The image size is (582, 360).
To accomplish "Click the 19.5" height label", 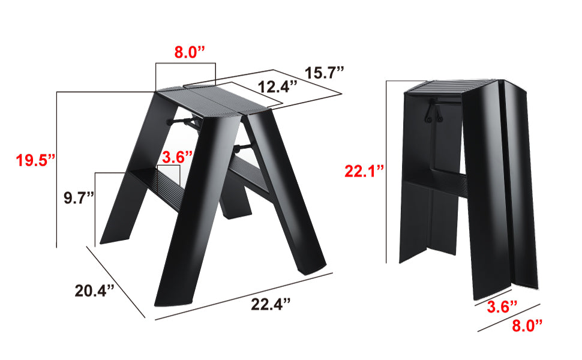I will (x=35, y=160).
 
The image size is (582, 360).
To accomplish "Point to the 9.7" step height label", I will (x=79, y=197).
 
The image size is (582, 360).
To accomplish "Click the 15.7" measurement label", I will (x=324, y=73).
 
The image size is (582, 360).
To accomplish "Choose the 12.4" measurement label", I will (x=278, y=86).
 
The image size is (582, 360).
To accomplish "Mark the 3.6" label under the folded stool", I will (x=502, y=307).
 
